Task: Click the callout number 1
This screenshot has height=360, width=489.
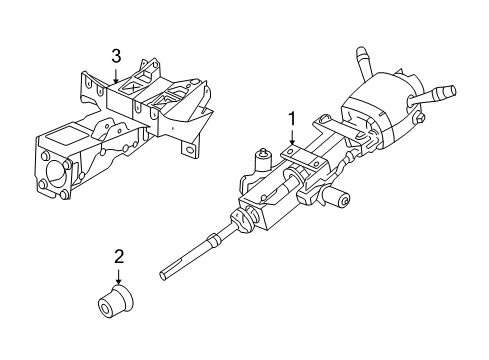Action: click(x=292, y=119)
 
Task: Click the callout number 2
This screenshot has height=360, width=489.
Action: click(x=118, y=255)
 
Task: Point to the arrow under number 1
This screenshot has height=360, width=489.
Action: click(x=292, y=139)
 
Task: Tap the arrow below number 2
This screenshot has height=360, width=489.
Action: click(x=119, y=275)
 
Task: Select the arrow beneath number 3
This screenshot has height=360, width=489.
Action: click(x=116, y=73)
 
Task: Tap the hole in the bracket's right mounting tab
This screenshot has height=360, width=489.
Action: click(x=187, y=149)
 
